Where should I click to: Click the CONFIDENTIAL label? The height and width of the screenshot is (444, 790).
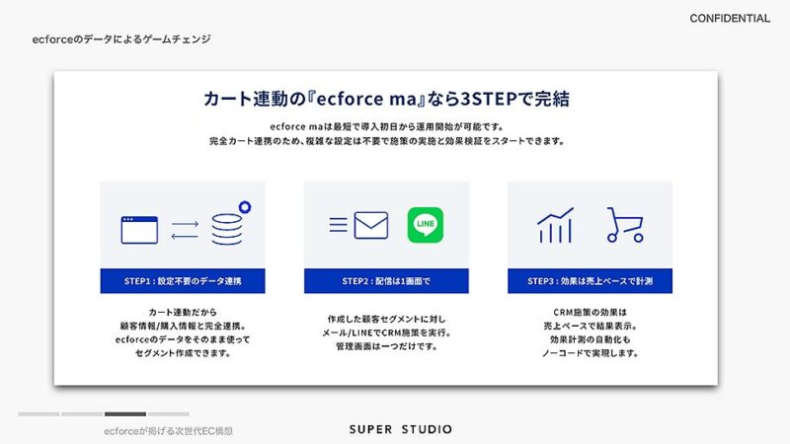pos(730,19)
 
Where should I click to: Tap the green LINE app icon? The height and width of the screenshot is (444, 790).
pos(425,224)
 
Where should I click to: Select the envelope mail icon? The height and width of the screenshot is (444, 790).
pos(370,225)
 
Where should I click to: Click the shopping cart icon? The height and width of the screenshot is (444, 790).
pos(625,225)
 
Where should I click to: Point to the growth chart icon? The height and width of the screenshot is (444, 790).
pos(555,226)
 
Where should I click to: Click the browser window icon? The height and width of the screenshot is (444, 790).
pos(139,230)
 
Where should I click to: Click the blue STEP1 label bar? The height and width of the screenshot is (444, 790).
pos(183,281)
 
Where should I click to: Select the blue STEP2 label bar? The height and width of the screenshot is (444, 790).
pos(386,281)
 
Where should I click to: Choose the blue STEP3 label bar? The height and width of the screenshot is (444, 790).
pos(590,281)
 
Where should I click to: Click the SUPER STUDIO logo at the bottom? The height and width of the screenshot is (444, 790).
pos(401,429)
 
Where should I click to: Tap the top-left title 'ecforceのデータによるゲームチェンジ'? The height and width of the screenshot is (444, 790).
pos(119,39)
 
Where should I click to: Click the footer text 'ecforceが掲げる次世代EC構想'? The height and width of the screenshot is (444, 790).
pos(169,431)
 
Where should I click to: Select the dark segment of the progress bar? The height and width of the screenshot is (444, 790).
pos(125,414)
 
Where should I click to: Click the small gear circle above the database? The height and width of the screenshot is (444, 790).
pos(244,206)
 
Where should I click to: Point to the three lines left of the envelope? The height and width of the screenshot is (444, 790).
pos(338,225)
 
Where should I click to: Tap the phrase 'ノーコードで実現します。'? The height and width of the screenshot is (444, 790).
pos(590,352)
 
